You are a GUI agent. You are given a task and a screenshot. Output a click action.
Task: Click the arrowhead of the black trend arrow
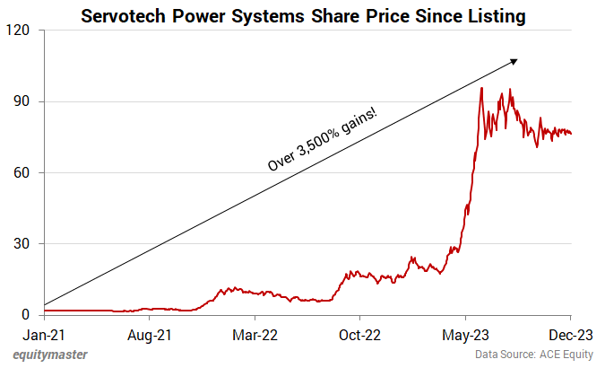tap(514, 61)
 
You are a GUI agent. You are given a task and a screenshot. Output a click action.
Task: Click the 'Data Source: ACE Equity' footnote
tap(536, 355)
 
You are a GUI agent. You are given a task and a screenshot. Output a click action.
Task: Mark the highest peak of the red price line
tap(482, 87)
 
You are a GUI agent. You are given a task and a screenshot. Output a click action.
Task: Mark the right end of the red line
tap(571, 134)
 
